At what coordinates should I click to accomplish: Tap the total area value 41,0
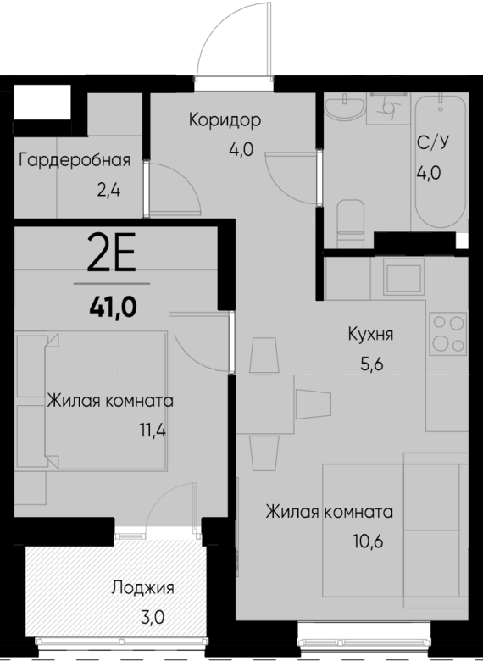tap(112, 303)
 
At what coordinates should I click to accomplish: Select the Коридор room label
tap(225, 120)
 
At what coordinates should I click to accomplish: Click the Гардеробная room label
tap(74, 160)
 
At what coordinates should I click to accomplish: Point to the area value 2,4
tap(109, 190)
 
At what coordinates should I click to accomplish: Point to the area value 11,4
tap(153, 430)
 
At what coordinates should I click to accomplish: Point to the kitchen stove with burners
tap(447, 334)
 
